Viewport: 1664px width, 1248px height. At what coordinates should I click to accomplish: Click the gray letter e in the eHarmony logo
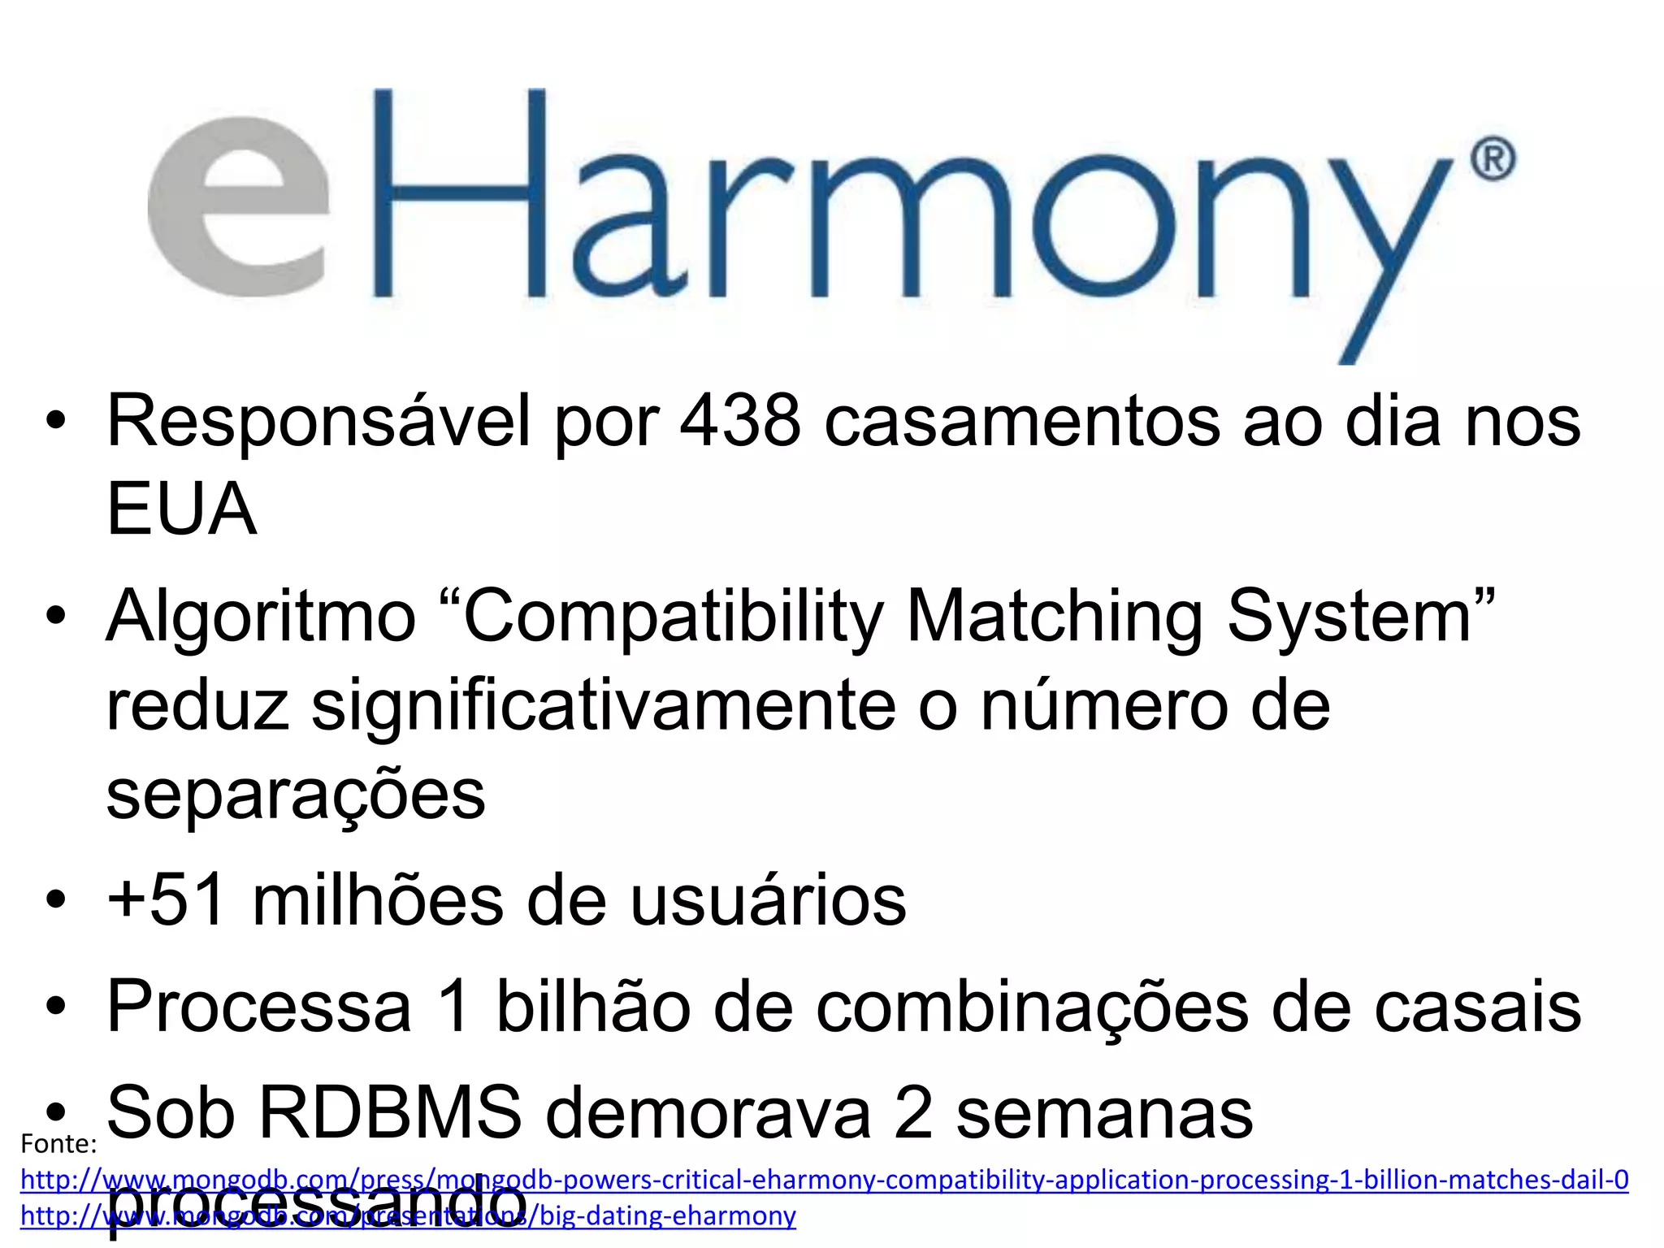239,207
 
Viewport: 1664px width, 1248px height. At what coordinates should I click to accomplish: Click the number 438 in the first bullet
740,422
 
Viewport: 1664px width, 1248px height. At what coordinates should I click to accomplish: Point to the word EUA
181,509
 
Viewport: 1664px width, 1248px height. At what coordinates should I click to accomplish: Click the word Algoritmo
261,617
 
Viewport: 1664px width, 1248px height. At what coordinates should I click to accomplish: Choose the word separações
296,795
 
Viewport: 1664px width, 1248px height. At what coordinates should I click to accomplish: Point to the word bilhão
592,1007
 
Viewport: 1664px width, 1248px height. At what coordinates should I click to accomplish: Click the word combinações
1032,1008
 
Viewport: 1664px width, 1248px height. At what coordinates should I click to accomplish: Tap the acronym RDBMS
390,1113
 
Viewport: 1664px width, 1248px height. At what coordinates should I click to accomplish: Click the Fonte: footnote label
58,1144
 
